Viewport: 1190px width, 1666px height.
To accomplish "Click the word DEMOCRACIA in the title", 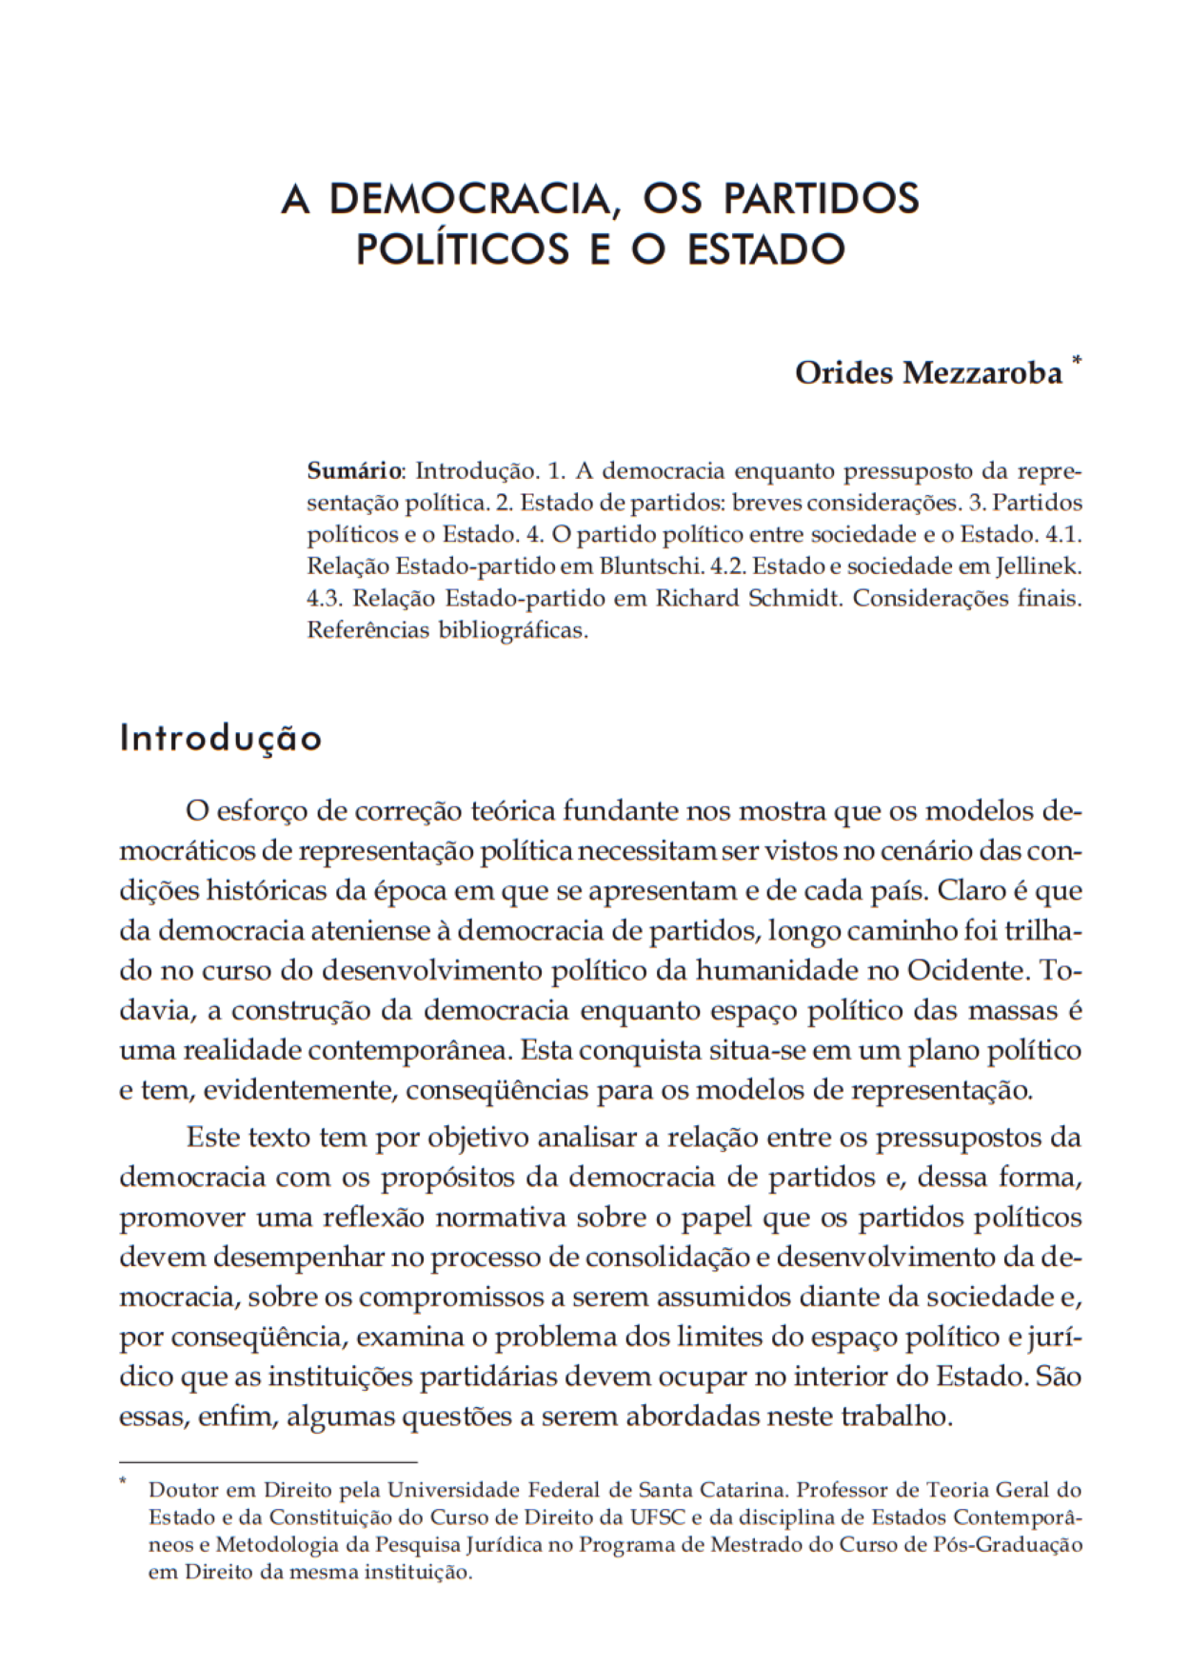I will (x=468, y=199).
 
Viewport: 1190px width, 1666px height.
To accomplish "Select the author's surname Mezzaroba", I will (x=982, y=373).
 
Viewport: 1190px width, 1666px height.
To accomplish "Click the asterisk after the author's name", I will (x=1077, y=361).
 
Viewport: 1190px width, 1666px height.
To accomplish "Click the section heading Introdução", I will (x=221, y=738).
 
